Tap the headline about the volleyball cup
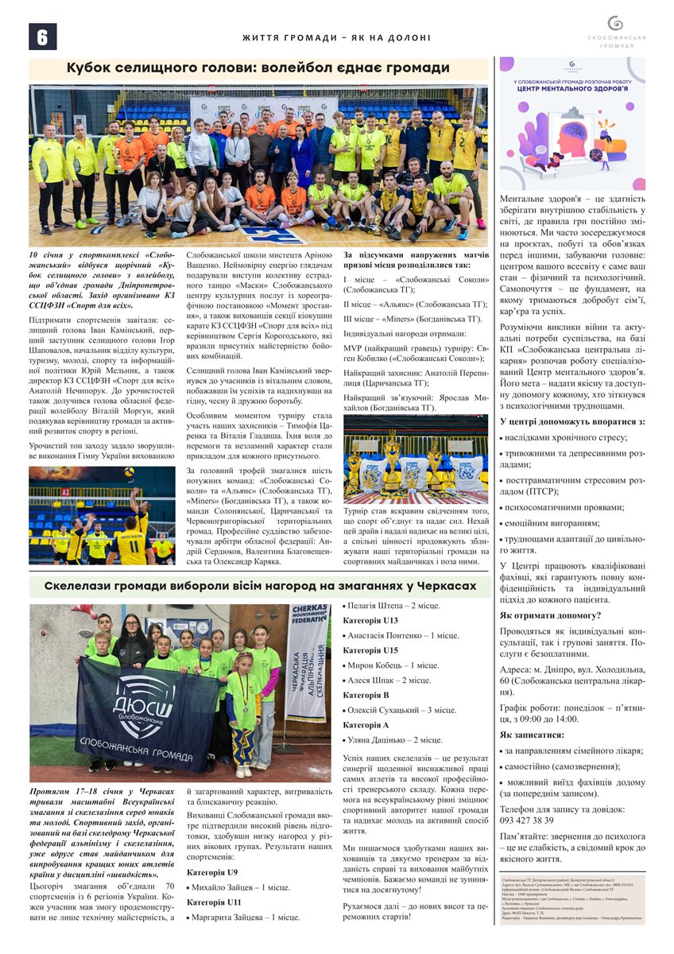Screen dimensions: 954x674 258,68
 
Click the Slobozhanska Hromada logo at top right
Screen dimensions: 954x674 615,30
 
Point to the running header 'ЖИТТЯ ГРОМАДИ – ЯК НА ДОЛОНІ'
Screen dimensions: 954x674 336,37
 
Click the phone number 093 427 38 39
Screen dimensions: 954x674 526,820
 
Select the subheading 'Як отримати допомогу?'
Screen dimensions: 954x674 550,615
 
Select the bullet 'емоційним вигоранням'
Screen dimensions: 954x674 549,523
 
